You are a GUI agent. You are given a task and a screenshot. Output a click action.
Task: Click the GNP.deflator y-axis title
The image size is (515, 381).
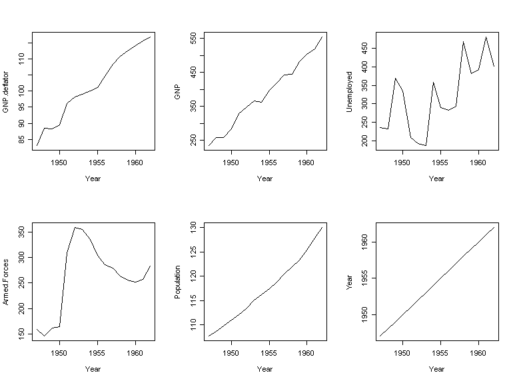(6, 91)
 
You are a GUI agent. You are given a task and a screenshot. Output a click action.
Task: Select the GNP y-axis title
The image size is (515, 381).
(177, 91)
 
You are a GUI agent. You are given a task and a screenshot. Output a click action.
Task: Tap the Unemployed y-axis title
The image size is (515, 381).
(349, 91)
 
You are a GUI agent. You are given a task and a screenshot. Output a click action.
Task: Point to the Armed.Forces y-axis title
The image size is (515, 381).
(6, 282)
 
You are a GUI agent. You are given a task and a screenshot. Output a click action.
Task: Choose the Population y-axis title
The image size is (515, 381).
(177, 282)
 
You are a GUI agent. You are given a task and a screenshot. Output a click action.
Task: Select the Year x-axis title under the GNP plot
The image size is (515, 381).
(264, 179)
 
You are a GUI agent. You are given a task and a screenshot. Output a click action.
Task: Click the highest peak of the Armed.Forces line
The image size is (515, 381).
(75, 227)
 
